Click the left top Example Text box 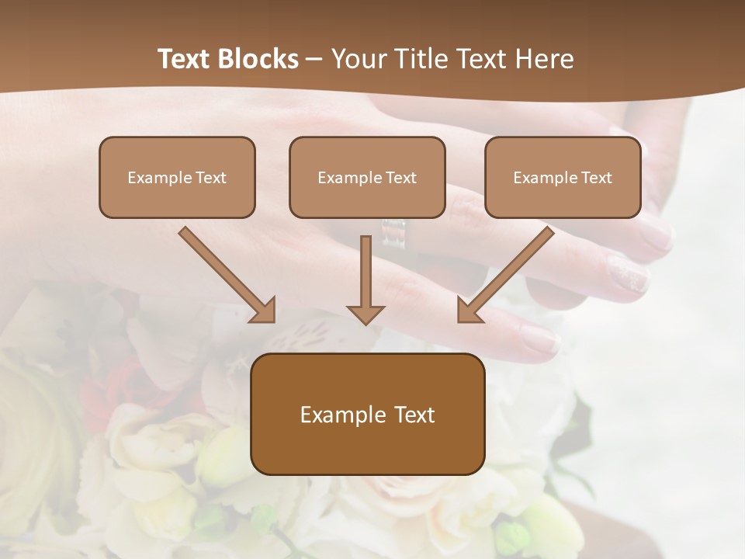[177, 177]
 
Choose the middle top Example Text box [367, 177]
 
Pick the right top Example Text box [563, 177]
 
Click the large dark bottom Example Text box [367, 414]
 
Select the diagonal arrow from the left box [225, 273]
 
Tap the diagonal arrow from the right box [507, 273]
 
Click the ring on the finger [394, 233]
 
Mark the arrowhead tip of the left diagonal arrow [272, 320]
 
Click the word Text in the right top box [596, 178]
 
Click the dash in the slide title [314, 59]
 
